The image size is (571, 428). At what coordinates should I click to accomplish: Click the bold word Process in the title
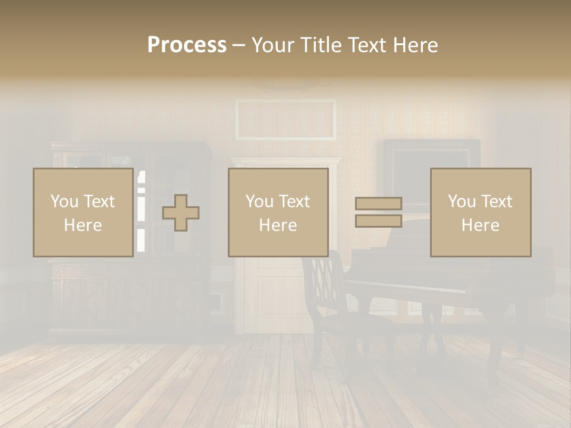click(x=187, y=45)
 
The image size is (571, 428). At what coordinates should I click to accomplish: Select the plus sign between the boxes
click(x=181, y=213)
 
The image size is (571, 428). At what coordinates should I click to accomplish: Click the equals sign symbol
click(x=378, y=212)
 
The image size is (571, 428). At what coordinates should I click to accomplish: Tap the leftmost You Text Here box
click(x=83, y=213)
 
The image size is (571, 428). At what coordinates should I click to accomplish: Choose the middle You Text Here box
click(x=278, y=213)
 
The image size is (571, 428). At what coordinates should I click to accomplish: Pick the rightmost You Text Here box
click(x=480, y=213)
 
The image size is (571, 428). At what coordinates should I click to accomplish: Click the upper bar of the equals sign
click(x=378, y=204)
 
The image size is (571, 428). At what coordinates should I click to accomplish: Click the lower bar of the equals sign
click(x=378, y=221)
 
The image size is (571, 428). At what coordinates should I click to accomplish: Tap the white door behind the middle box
click(x=268, y=297)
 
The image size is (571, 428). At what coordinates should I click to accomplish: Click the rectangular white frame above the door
click(x=285, y=119)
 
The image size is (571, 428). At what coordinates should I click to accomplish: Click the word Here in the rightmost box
click(x=480, y=225)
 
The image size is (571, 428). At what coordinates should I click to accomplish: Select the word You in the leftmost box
click(x=64, y=202)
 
